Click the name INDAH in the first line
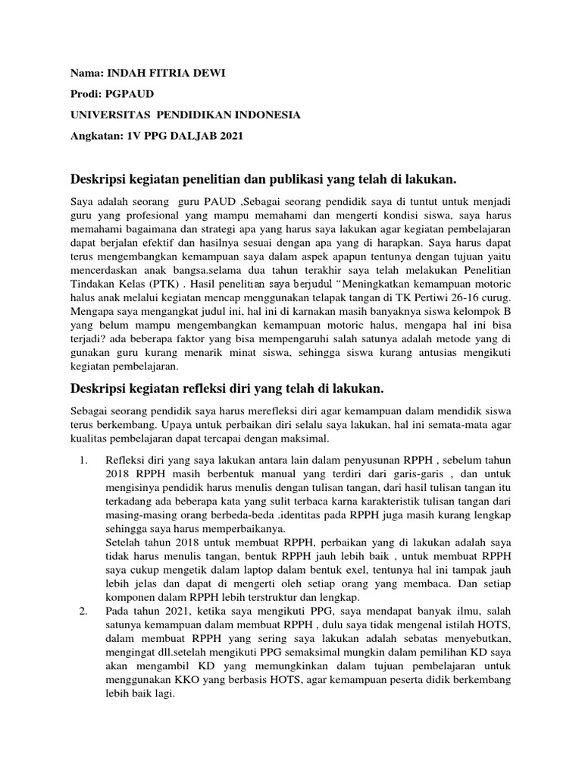[126, 73]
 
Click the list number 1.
[83, 461]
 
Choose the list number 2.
[83, 611]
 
